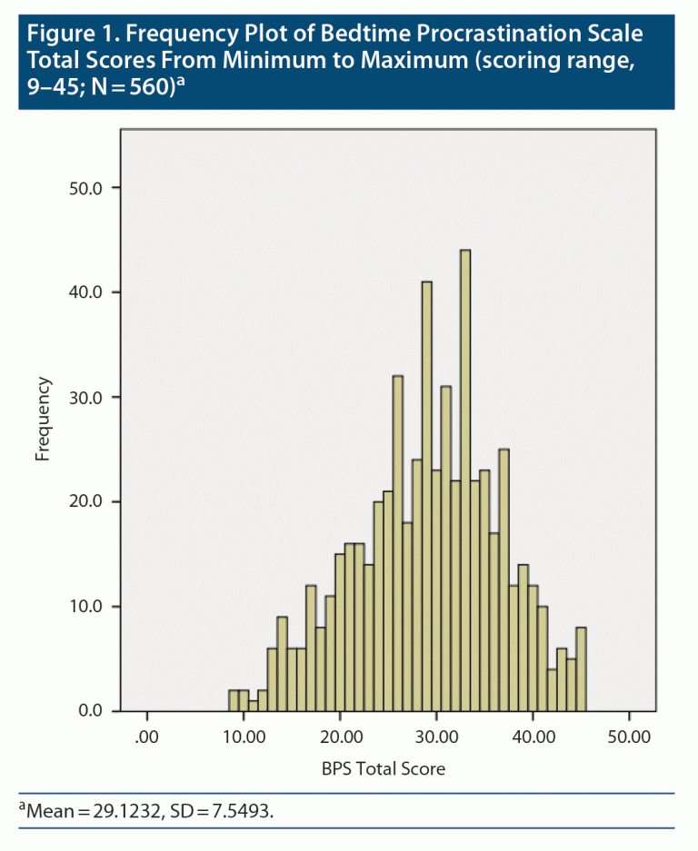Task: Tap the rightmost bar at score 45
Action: click(581, 668)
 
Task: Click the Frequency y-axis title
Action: click(43, 420)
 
